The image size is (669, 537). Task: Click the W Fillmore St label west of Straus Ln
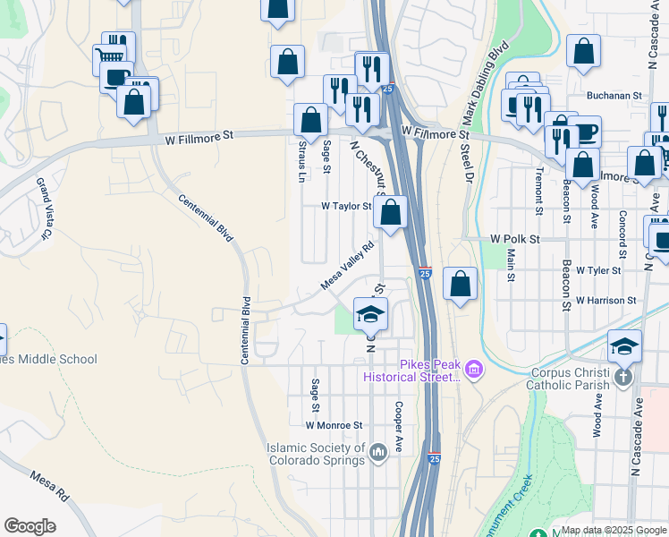[x=199, y=136]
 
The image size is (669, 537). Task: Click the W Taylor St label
[x=346, y=206]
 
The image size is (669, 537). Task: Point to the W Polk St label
[x=515, y=239]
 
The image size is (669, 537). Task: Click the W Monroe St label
[x=334, y=426]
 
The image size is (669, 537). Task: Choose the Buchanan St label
[x=614, y=95]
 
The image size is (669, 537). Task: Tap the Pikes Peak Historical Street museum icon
[x=473, y=368]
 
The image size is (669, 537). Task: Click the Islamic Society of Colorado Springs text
[x=317, y=455]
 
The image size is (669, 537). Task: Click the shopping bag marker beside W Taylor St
[x=390, y=212]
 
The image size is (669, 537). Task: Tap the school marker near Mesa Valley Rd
[x=370, y=314]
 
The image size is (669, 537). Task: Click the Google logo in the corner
[x=30, y=526]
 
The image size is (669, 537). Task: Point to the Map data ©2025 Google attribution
[x=614, y=530]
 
